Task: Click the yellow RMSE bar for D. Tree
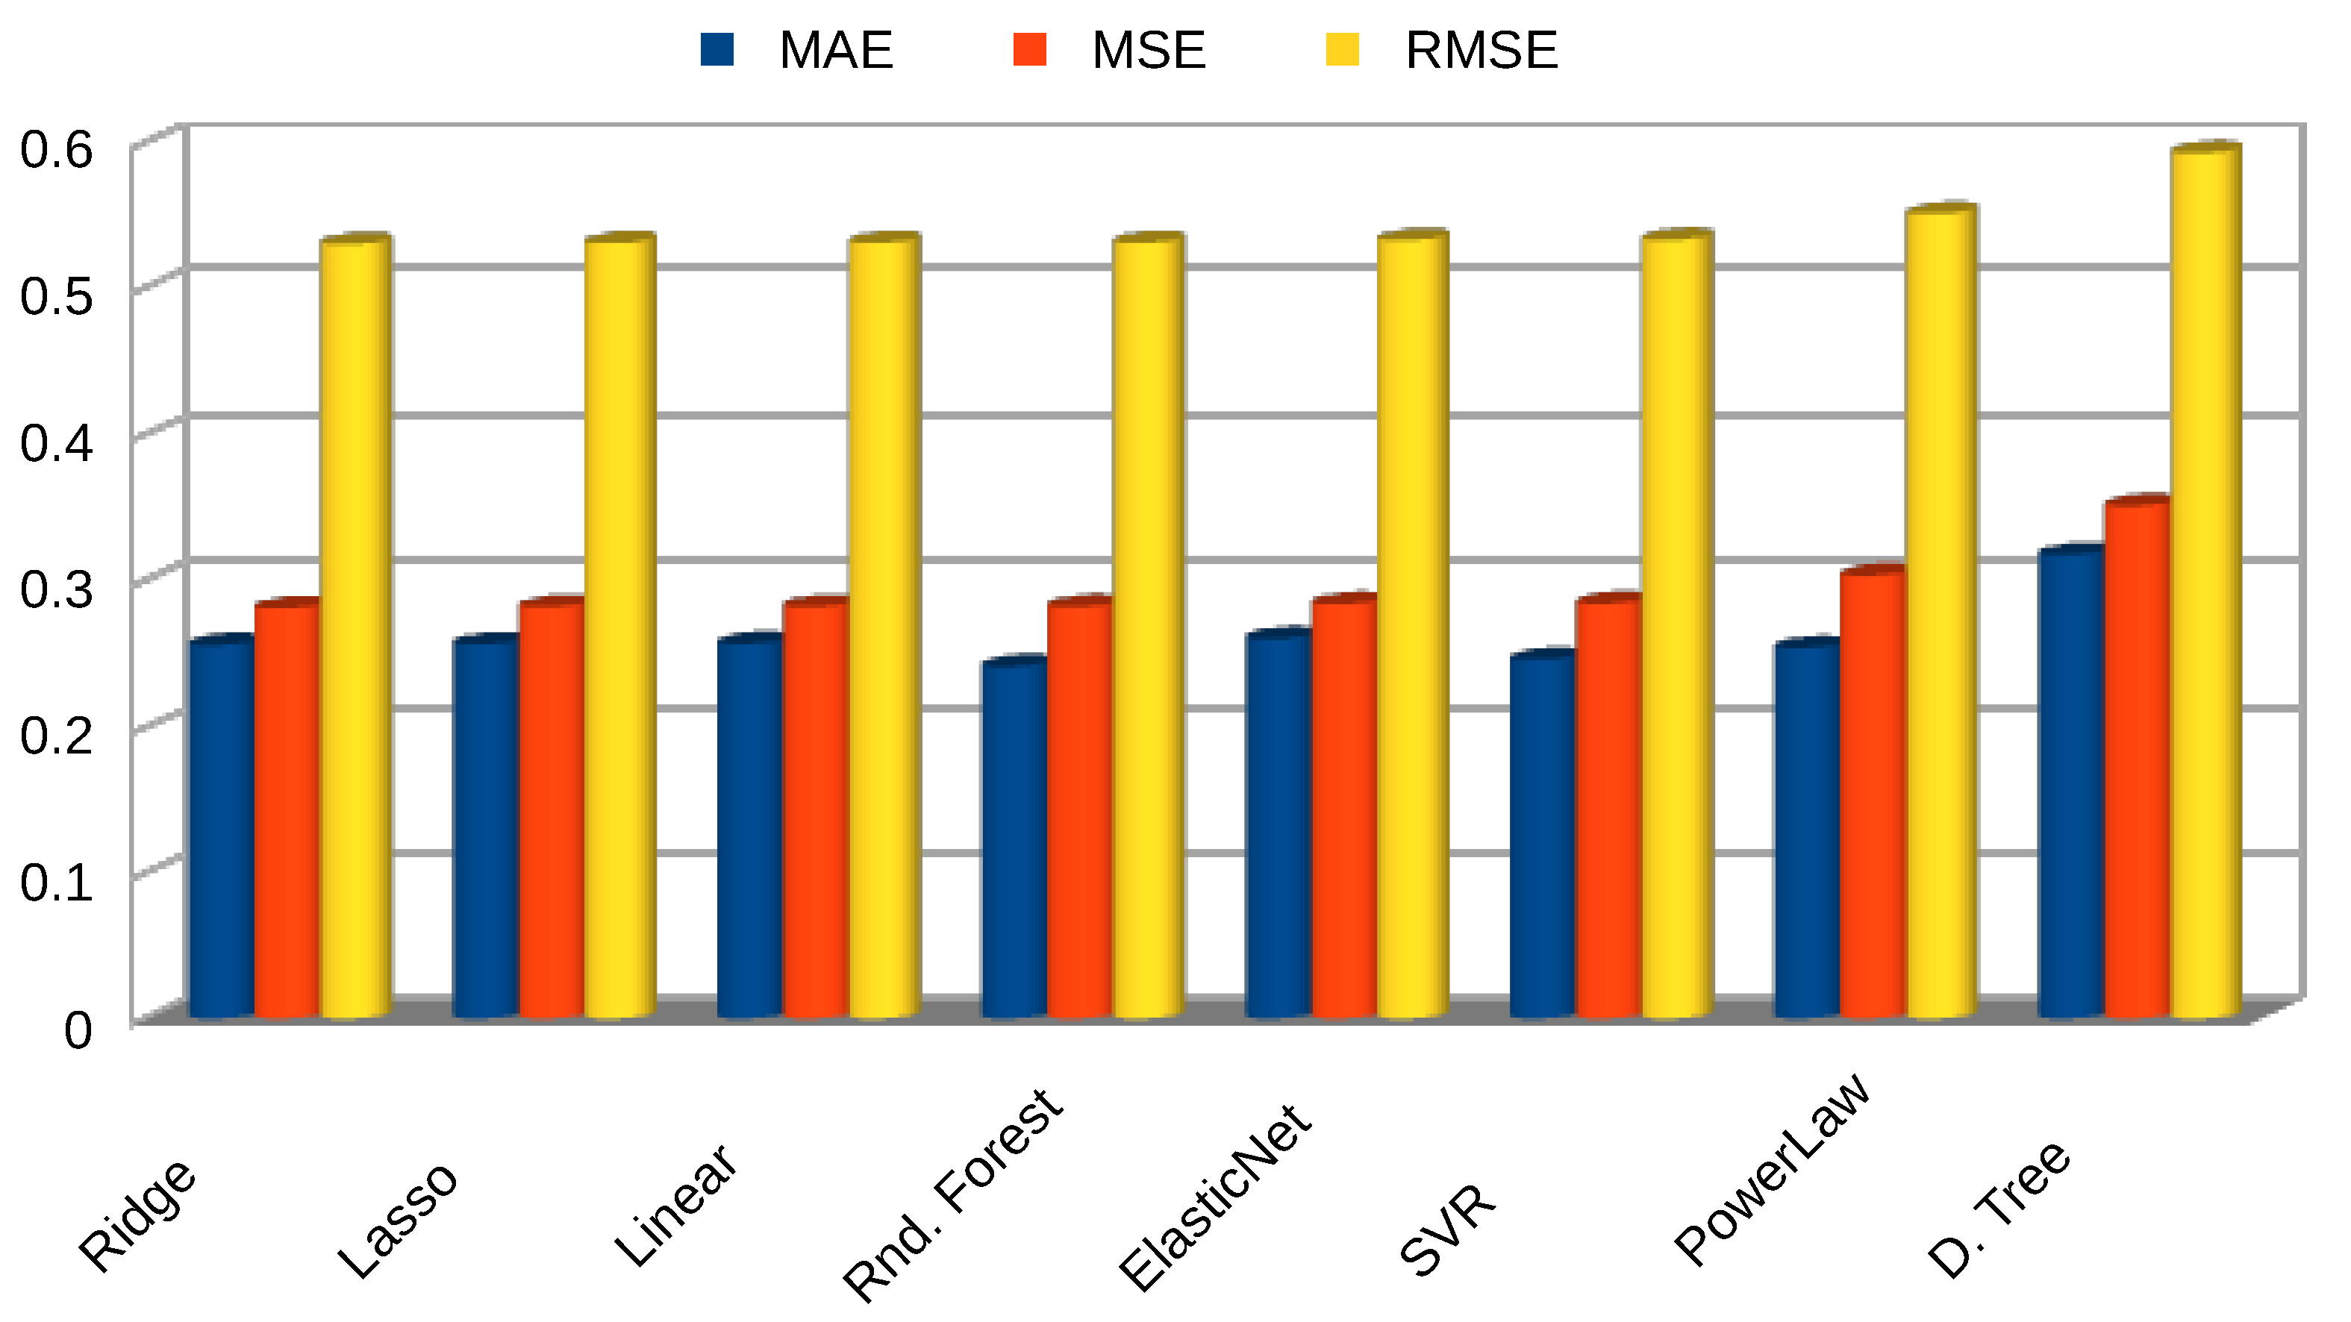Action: [x=2205, y=584]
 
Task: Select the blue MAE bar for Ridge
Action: [x=221, y=830]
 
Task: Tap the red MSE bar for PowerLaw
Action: [x=1873, y=794]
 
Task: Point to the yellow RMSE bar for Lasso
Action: [x=619, y=630]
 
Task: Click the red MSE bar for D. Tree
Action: [x=2138, y=757]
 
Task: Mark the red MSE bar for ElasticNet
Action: [x=1343, y=807]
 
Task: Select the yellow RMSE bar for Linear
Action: [x=884, y=630]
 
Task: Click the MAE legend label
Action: [x=835, y=50]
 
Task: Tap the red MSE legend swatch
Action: [x=1029, y=49]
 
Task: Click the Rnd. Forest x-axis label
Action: [x=954, y=1195]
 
